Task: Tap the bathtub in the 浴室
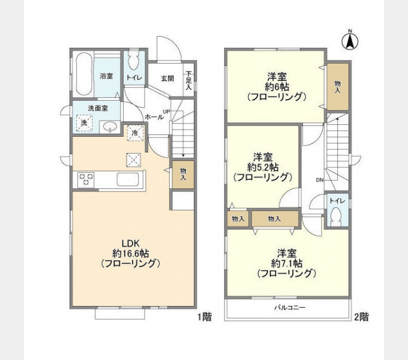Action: pyautogui.click(x=83, y=74)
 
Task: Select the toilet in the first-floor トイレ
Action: pyautogui.click(x=133, y=62)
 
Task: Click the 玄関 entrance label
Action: pyautogui.click(x=167, y=78)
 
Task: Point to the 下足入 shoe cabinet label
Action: pyautogui.click(x=188, y=79)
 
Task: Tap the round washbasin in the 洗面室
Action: pyautogui.click(x=109, y=127)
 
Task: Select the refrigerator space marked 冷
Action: pyautogui.click(x=135, y=133)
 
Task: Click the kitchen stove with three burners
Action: pyautogui.click(x=86, y=179)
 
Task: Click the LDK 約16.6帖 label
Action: pyautogui.click(x=131, y=253)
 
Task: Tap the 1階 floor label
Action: pyautogui.click(x=203, y=317)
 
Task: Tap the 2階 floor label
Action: pyautogui.click(x=361, y=317)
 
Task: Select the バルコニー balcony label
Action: pyautogui.click(x=290, y=307)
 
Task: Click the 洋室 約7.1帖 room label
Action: pyautogui.click(x=286, y=262)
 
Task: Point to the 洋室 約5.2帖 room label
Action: pyautogui.click(x=262, y=166)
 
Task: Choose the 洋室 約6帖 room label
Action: pyautogui.click(x=277, y=86)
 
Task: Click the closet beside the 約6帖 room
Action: pyautogui.click(x=337, y=86)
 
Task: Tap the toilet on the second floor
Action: pyautogui.click(x=336, y=216)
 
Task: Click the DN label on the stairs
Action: pyautogui.click(x=319, y=179)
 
